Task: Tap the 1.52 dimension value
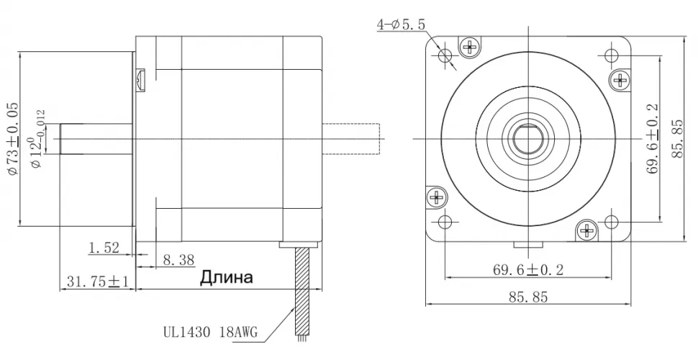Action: tap(104, 248)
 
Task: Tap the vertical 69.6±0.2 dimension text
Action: tap(652, 138)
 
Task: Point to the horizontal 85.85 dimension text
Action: tap(529, 297)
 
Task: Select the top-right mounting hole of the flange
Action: tap(612, 55)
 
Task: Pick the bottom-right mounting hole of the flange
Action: tap(612, 221)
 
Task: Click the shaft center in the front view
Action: tap(529, 138)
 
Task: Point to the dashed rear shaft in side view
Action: tap(352, 138)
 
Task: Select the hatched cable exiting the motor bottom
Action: tap(303, 288)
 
